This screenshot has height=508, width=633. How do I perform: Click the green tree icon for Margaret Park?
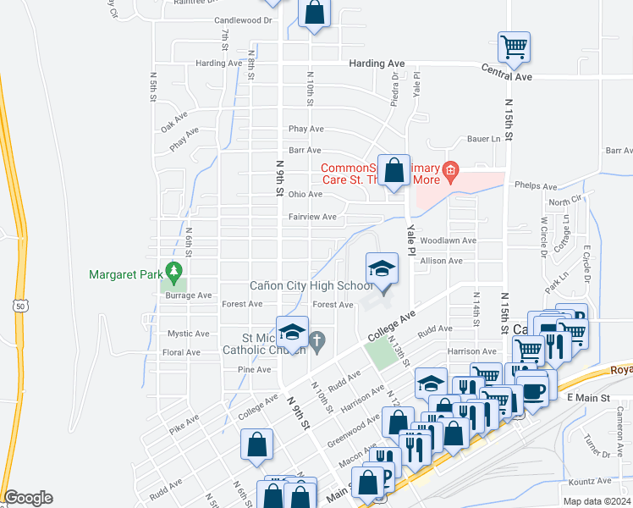point(174,270)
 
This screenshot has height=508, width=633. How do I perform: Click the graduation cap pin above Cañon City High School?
point(382,271)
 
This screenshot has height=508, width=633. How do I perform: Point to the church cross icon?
point(317,341)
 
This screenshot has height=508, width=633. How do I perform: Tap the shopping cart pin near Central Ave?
point(514,47)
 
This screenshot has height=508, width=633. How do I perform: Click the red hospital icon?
point(450,172)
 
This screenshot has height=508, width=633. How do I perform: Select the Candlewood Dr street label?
point(244,19)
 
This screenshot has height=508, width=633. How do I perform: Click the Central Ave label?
point(507,76)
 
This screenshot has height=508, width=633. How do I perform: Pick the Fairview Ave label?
point(312,217)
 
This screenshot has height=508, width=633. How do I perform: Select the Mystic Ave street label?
point(188,334)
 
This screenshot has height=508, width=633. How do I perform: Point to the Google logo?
point(28,497)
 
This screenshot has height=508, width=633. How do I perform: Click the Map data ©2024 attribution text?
point(597,501)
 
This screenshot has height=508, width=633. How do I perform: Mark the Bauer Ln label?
point(484,139)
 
